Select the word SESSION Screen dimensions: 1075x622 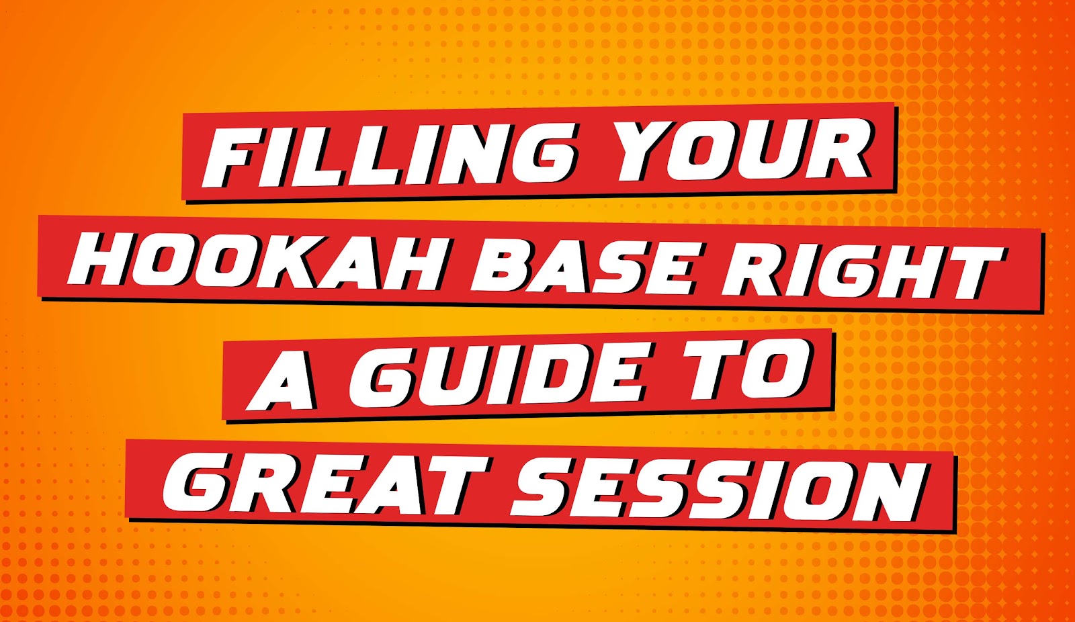point(718,490)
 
